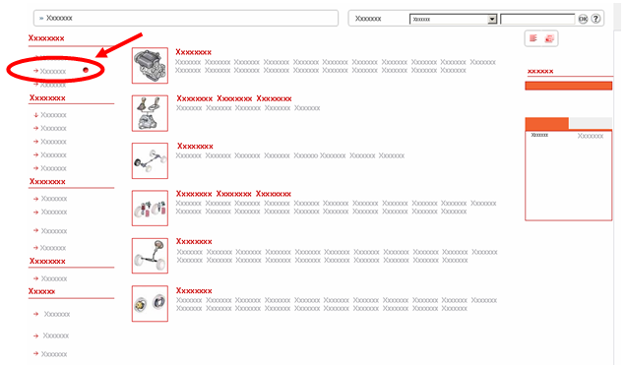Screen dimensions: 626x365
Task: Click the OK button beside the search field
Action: [583, 19]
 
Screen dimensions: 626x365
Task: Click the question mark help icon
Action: [595, 19]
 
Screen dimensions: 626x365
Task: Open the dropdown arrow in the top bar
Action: [492, 19]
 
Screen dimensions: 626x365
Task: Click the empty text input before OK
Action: [537, 19]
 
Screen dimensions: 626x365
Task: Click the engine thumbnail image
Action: [151, 65]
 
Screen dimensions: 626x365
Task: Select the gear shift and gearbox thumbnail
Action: [151, 113]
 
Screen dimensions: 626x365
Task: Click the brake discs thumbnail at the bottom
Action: [151, 304]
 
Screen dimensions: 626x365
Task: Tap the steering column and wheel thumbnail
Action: [151, 256]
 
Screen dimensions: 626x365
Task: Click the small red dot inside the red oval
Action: [86, 70]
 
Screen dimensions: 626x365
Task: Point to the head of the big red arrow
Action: [96, 57]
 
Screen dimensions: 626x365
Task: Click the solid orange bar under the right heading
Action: [569, 86]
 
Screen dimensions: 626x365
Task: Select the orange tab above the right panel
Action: [546, 123]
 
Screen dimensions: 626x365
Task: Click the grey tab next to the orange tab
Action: [590, 123]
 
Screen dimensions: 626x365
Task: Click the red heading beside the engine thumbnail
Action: [194, 52]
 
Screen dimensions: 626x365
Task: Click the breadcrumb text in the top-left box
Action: [59, 18]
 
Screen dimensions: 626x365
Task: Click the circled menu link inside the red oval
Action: [53, 72]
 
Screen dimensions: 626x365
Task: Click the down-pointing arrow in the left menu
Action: [36, 115]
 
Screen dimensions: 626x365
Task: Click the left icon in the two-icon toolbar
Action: [533, 38]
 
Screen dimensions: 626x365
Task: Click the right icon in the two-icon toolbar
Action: [549, 38]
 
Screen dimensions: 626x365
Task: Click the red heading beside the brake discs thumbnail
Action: [194, 291]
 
